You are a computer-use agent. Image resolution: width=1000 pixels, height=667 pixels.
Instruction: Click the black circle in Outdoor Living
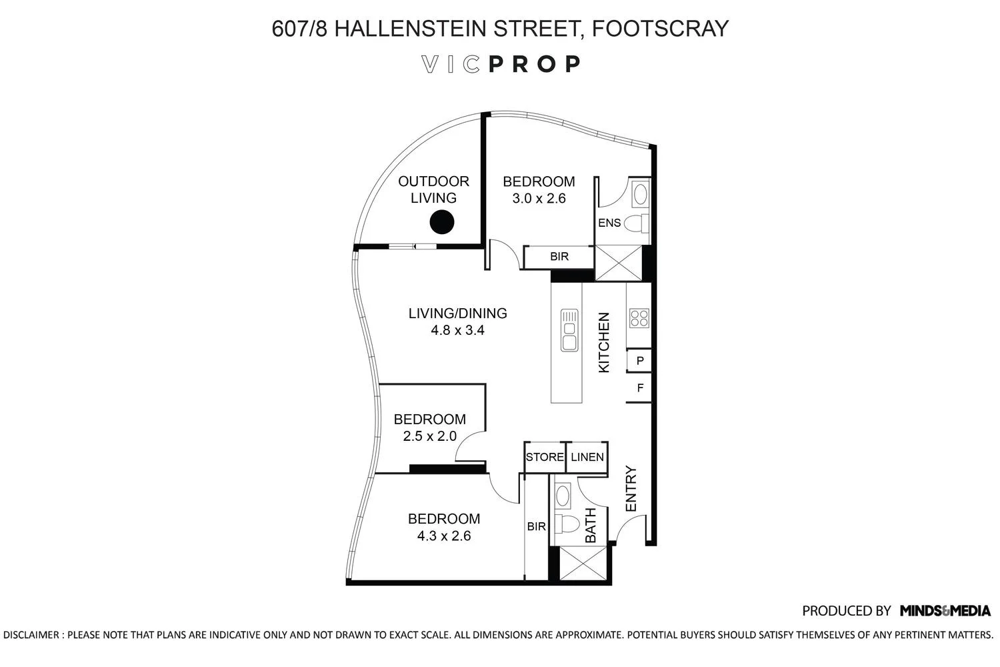(x=441, y=222)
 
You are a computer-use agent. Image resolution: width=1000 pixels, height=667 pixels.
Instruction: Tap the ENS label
(x=609, y=223)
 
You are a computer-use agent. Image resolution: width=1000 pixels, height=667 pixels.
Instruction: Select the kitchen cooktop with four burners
(x=639, y=318)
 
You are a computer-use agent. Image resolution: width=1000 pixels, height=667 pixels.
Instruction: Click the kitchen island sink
(x=569, y=329)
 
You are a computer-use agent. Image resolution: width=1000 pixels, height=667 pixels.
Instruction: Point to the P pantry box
(x=639, y=361)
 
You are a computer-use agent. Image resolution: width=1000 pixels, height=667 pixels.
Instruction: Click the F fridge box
(x=639, y=388)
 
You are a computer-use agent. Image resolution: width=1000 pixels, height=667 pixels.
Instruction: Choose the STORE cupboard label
(x=545, y=457)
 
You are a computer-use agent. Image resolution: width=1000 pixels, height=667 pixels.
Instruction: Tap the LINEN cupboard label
(x=587, y=457)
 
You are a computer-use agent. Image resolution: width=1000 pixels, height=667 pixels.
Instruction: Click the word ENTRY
(x=631, y=489)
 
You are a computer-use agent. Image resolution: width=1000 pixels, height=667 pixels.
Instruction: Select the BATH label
(x=591, y=526)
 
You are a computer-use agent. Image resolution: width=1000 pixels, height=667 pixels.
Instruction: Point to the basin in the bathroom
(x=563, y=496)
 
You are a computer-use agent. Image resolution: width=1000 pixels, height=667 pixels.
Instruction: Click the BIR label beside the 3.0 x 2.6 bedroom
(x=559, y=256)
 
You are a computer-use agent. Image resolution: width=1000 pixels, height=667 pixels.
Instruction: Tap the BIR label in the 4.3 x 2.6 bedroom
(x=537, y=526)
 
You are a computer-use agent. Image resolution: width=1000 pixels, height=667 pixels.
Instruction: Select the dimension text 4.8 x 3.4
(x=457, y=329)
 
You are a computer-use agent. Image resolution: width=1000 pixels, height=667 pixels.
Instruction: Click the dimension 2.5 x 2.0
(x=429, y=436)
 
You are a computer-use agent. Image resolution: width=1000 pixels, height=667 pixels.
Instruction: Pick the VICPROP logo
(x=501, y=64)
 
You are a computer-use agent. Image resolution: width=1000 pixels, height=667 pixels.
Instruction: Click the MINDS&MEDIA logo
(x=945, y=610)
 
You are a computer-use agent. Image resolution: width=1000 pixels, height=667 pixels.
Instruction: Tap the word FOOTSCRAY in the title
(x=660, y=28)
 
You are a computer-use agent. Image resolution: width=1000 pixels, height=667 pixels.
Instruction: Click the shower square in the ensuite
(x=618, y=263)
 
